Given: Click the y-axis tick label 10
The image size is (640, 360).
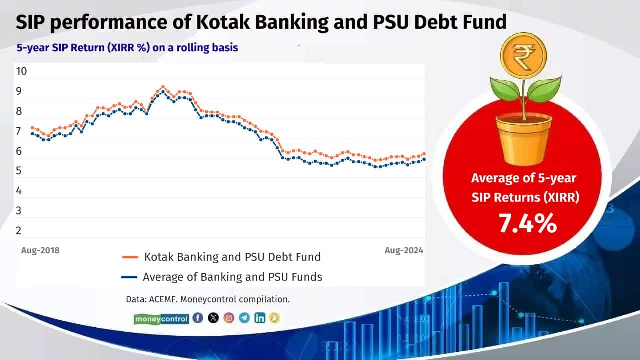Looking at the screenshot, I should click(x=21, y=71).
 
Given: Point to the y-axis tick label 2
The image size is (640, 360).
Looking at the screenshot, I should click(x=18, y=231).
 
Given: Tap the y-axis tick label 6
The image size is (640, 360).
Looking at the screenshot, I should click(x=18, y=151).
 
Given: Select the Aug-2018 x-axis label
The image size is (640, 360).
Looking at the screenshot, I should click(x=40, y=250).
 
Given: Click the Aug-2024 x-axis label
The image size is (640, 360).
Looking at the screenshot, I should click(x=404, y=250).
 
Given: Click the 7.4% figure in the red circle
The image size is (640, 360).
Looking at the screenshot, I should click(x=527, y=223).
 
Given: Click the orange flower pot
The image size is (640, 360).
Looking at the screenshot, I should click(x=524, y=138).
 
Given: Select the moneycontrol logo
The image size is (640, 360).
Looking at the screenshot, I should click(x=161, y=318).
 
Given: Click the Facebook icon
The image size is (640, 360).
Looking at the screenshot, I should click(x=198, y=318).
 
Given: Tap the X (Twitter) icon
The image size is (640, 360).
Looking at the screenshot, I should click(x=213, y=318).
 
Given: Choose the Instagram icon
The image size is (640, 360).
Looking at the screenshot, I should click(x=229, y=318).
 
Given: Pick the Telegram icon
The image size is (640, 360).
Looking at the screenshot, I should click(x=244, y=318).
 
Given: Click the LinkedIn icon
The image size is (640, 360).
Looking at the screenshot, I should click(x=259, y=318).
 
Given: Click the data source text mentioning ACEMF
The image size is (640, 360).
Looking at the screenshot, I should click(x=208, y=300).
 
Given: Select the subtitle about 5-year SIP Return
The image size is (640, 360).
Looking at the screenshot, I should click(x=127, y=48).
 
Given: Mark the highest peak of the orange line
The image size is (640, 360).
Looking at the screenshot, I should click(x=162, y=87).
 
